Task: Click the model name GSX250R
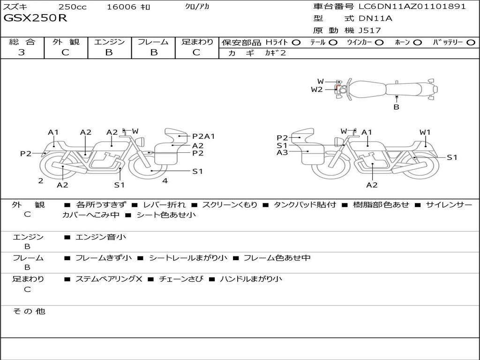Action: click(35, 18)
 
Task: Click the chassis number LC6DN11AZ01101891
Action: click(412, 7)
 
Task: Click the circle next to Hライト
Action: click(296, 43)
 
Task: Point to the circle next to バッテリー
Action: click(471, 43)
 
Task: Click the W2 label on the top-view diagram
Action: click(317, 90)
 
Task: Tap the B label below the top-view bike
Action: click(397, 107)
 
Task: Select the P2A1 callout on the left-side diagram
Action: click(203, 136)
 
